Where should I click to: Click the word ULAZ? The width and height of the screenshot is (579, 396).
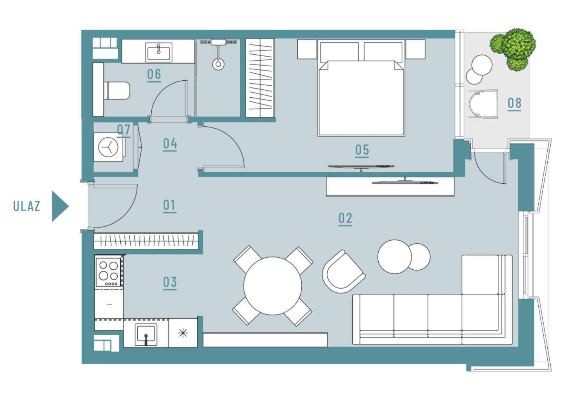(x=27, y=206)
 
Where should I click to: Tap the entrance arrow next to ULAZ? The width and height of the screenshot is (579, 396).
(x=60, y=206)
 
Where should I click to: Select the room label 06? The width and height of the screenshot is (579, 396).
(x=154, y=74)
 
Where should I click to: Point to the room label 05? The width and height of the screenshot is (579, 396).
(x=362, y=150)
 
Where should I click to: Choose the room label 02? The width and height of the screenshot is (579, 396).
(x=345, y=218)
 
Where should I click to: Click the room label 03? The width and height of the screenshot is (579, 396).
(x=170, y=282)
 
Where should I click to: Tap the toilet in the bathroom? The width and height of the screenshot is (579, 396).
(x=116, y=91)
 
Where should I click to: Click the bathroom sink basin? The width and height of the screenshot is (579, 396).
(x=158, y=52)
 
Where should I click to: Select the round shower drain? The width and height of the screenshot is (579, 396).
(x=218, y=64)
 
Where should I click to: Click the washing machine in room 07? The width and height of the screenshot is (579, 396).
(x=108, y=147)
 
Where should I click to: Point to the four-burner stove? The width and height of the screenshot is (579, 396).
(x=108, y=272)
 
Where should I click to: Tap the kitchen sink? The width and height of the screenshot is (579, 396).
(x=146, y=335)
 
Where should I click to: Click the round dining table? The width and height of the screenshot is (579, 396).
(x=272, y=286)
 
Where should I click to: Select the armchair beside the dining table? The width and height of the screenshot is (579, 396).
(x=343, y=272)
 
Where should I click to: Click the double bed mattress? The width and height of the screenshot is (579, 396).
(x=361, y=98)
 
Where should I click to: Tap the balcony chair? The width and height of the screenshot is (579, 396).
(x=483, y=104)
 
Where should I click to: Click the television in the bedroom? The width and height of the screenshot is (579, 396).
(x=361, y=167)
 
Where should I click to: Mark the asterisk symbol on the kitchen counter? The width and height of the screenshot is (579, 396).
(x=183, y=333)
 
